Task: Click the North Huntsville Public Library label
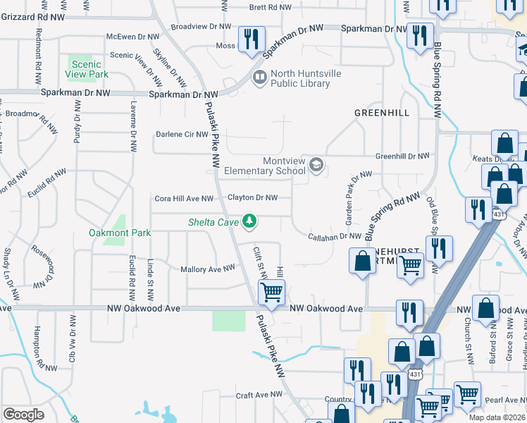pos(300,78)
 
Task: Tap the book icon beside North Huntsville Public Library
pos(259,77)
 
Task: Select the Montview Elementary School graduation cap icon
pos(316,165)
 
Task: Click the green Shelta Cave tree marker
pos(248,222)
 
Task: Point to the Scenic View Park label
pos(87,69)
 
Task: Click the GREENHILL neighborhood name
pos(382,113)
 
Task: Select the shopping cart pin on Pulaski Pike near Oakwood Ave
pos(271,290)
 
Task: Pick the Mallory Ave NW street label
pos(207,269)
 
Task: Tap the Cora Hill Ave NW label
pos(183,199)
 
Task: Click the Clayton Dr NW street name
pos(252,198)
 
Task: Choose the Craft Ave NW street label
pos(254,396)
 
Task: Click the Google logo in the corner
pos(23,415)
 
